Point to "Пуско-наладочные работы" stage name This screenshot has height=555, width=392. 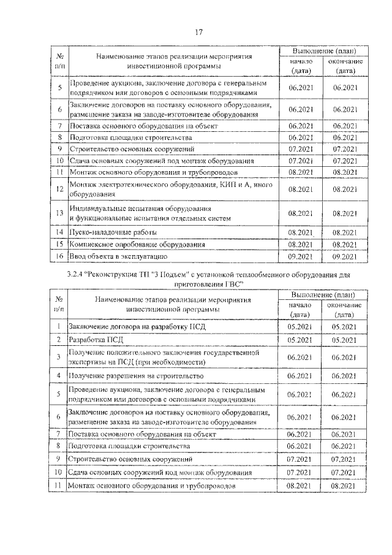pos(113,232)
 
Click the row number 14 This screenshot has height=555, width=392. pos(60,232)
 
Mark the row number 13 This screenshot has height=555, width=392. pos(60,213)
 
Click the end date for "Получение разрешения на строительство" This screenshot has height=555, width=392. pos(344,375)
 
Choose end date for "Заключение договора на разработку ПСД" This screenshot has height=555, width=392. pos(344,327)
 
